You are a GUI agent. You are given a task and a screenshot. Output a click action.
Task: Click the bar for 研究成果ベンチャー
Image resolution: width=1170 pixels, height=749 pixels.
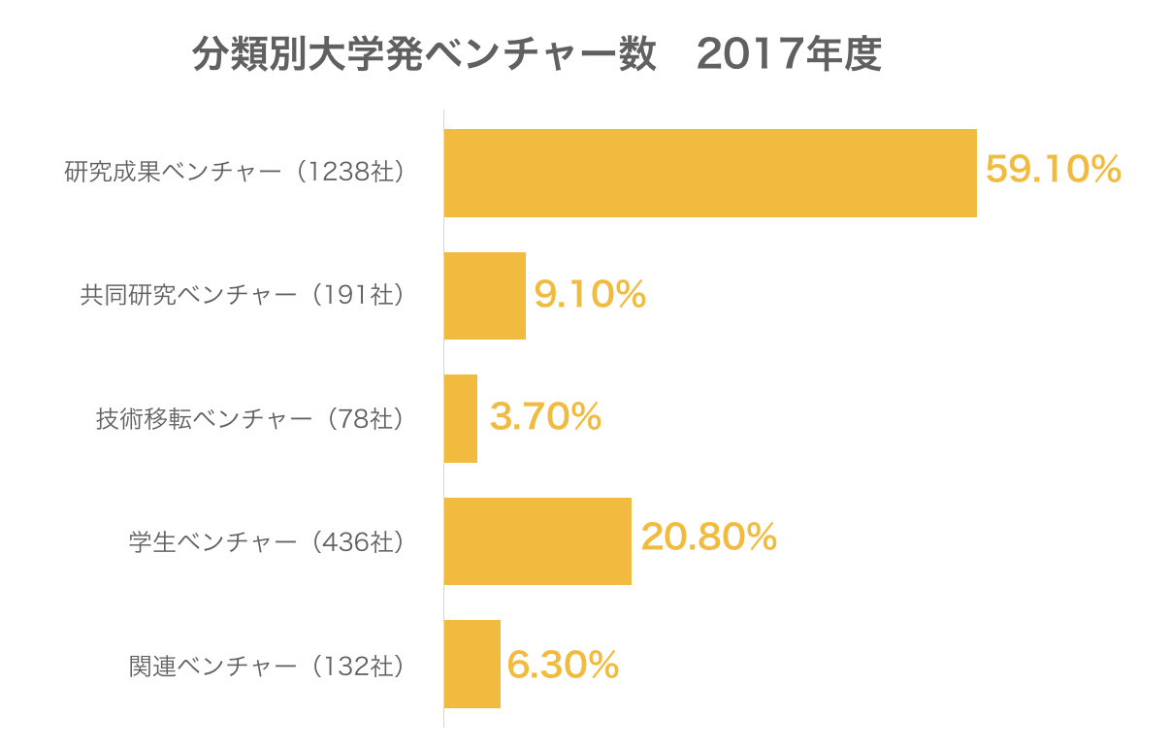coord(710,173)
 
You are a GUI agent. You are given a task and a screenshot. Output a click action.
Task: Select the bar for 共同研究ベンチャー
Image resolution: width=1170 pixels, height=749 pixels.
coord(485,296)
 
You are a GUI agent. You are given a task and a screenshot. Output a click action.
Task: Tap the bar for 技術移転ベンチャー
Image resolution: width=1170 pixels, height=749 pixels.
coord(461,418)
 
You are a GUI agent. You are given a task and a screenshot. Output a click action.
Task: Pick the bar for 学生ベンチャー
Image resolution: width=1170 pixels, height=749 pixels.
coord(537,540)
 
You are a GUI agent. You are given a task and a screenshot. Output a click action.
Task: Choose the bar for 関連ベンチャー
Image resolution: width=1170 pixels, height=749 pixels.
coord(472,664)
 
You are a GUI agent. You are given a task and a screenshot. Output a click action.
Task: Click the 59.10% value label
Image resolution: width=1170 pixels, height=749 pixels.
coord(1054,171)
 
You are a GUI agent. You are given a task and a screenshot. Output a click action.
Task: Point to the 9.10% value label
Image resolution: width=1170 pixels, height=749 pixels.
coord(590,295)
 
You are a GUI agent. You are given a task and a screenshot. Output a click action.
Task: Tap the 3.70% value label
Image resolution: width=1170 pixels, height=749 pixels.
coord(545,417)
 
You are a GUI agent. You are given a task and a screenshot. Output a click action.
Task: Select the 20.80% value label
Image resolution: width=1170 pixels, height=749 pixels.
coord(709,537)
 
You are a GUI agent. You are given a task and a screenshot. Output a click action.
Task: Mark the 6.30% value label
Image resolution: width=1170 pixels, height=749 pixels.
coord(563,666)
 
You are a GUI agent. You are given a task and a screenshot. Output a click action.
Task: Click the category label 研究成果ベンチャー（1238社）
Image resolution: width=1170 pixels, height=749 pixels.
coord(234,173)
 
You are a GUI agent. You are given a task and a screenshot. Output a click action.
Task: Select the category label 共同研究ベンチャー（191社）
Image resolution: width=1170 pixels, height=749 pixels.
coord(242,296)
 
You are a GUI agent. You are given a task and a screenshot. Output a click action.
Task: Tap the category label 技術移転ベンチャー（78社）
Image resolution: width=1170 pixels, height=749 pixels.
coord(249,419)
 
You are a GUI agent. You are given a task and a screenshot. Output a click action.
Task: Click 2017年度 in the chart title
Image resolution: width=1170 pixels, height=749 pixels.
coord(788,55)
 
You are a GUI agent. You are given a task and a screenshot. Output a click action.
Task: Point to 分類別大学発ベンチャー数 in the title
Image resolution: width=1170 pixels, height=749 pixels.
coord(423,55)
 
